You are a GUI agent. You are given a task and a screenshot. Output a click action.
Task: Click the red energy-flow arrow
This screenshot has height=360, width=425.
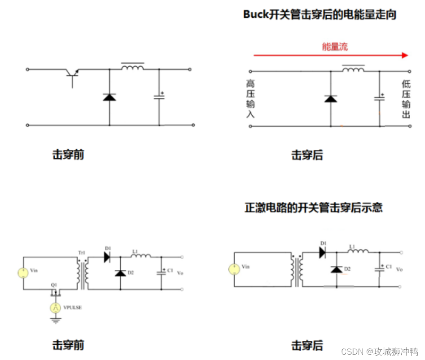[331, 55]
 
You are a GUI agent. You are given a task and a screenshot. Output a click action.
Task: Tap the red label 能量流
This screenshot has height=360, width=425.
[335, 46]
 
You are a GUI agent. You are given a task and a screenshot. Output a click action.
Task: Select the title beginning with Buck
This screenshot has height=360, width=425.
[320, 15]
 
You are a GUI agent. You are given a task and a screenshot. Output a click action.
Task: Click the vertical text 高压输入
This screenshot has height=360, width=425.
[250, 99]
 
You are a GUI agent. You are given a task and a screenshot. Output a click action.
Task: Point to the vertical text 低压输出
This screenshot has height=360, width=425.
[406, 99]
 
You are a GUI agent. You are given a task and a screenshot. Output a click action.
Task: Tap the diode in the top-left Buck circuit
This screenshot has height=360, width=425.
[109, 96]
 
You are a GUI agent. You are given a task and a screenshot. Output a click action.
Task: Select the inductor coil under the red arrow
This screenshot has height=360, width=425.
[353, 69]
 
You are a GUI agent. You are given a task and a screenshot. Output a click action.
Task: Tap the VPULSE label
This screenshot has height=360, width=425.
[73, 308]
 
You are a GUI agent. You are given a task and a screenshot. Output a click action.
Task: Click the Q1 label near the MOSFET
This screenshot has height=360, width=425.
[54, 285]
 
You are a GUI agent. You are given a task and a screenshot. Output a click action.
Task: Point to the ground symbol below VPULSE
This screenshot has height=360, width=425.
[55, 320]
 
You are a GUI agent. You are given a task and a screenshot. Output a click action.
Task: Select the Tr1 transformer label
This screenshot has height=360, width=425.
[82, 253]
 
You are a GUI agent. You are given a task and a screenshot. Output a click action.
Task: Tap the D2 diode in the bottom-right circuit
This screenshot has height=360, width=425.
[336, 269]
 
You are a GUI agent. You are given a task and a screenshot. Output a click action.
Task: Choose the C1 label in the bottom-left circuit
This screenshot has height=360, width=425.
[170, 270]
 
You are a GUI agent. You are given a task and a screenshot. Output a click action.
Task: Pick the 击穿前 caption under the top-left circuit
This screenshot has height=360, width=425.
[68, 155]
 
